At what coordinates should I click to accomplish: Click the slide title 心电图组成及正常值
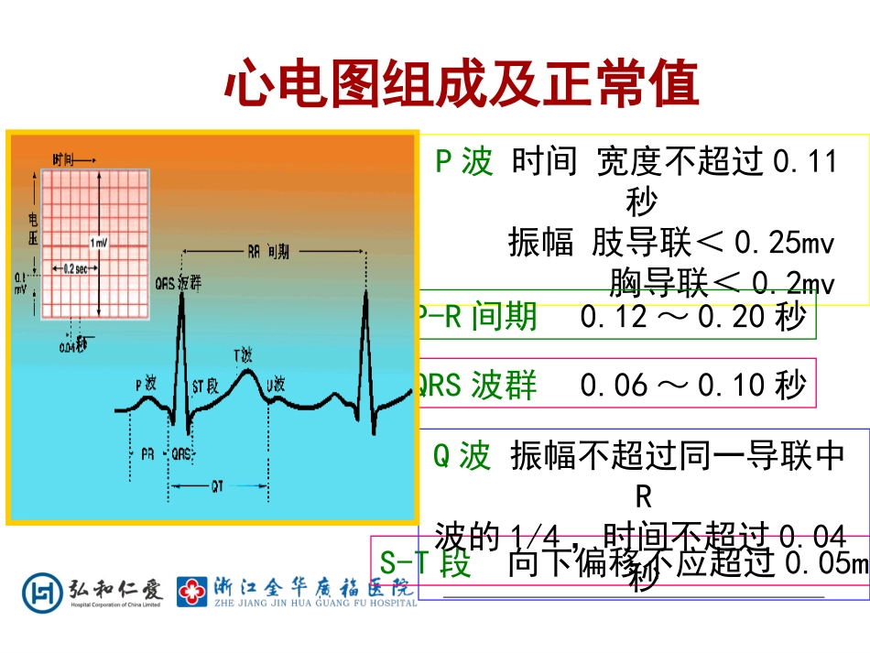point(462,83)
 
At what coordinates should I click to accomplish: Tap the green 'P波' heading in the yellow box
point(464,163)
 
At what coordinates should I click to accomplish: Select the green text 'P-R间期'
point(477,317)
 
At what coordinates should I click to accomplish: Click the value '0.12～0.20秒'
point(692,317)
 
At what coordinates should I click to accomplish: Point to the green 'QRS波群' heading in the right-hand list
point(476,386)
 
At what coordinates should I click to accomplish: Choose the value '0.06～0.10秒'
point(692,386)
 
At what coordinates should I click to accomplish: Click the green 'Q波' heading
point(462,455)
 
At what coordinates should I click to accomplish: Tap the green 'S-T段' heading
point(426,562)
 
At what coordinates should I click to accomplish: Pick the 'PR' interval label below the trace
point(147,452)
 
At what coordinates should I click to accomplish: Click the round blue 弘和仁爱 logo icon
point(41,591)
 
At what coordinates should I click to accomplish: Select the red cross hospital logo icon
point(192,592)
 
